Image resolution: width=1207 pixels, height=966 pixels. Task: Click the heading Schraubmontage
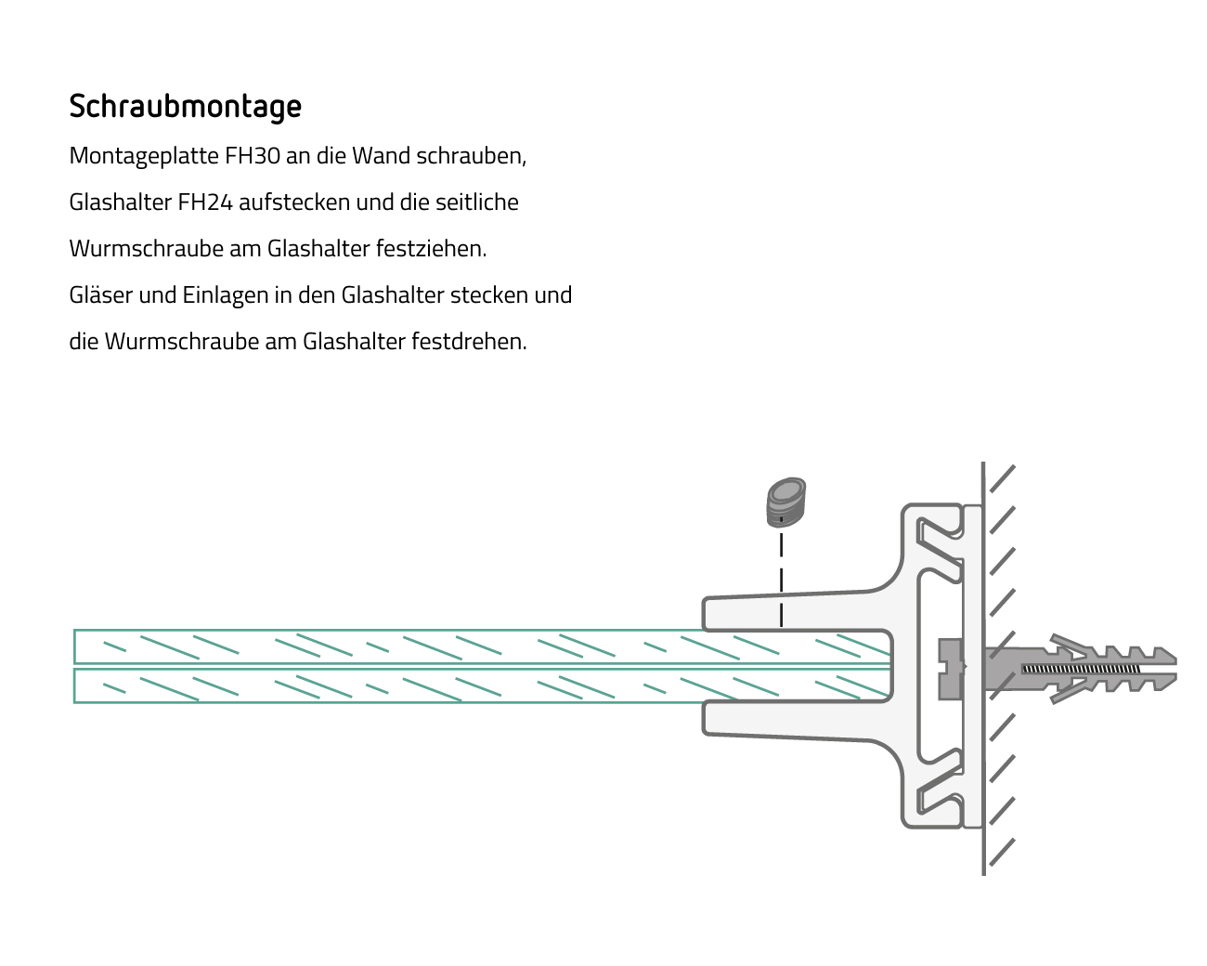pos(185,107)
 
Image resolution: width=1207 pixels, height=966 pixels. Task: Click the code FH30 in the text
pos(253,155)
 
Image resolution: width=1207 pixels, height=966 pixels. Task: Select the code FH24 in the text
pos(204,202)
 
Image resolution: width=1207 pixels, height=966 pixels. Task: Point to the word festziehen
pos(431,248)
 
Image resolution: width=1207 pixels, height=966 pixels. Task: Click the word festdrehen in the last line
pos(469,341)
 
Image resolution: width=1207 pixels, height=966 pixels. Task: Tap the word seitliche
pos(476,202)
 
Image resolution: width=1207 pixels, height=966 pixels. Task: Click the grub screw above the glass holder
pos(785,502)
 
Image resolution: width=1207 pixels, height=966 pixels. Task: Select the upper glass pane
pos(483,646)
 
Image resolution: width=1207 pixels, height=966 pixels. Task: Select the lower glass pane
pos(483,685)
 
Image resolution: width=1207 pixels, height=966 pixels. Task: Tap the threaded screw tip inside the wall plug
pos(1081,669)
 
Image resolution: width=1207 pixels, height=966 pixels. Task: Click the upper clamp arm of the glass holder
pos(797,611)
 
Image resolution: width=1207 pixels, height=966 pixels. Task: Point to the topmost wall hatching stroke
pos(1003,478)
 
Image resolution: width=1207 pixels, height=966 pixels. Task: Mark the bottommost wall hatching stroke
pos(1003,852)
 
